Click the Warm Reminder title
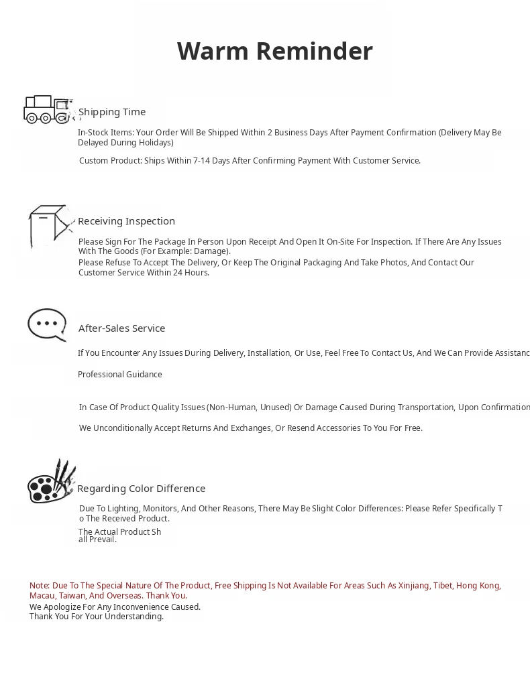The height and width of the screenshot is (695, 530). click(x=274, y=52)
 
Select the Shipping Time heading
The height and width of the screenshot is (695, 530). click(x=112, y=112)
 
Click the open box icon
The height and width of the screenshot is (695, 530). click(x=50, y=227)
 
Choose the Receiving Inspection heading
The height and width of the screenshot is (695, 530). click(x=126, y=221)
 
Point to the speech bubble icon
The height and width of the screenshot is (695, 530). click(x=47, y=324)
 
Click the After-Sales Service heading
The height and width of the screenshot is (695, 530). click(x=121, y=328)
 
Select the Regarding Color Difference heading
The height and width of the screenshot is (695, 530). click(x=141, y=489)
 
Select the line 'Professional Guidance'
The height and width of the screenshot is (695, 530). click(x=119, y=375)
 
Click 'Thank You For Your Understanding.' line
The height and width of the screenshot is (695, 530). click(x=96, y=617)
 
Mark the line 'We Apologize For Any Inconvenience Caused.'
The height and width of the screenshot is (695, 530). click(x=115, y=607)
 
